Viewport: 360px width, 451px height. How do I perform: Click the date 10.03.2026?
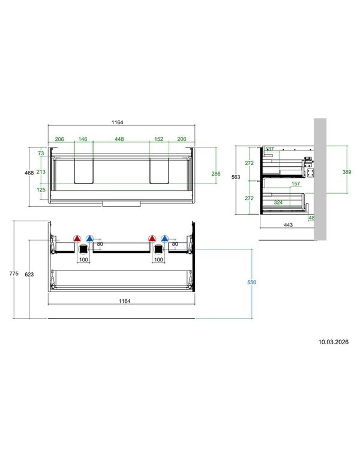pyautogui.click(x=333, y=342)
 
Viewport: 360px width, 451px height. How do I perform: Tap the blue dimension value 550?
pyautogui.click(x=251, y=282)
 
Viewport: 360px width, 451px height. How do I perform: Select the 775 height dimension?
pyautogui.click(x=14, y=273)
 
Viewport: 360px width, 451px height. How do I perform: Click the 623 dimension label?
pyautogui.click(x=29, y=275)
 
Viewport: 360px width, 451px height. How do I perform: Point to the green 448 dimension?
pyautogui.click(x=119, y=139)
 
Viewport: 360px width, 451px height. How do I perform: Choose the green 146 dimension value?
pyautogui.click(x=83, y=139)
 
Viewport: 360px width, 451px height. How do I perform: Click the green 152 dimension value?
pyautogui.click(x=158, y=139)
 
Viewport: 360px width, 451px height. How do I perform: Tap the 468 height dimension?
pyautogui.click(x=29, y=173)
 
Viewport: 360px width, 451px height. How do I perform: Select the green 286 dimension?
pyautogui.click(x=215, y=174)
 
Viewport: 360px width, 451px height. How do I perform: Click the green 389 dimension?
pyautogui.click(x=347, y=172)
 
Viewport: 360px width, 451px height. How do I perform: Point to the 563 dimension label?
pyautogui.click(x=236, y=177)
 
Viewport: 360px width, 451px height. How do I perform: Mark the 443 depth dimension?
pyautogui.click(x=288, y=225)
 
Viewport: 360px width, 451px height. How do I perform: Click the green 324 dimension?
pyautogui.click(x=278, y=203)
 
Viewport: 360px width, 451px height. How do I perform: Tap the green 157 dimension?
pyautogui.click(x=296, y=184)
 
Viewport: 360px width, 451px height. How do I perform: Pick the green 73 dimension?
pyautogui.click(x=41, y=154)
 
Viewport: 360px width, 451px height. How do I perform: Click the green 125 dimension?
pyautogui.click(x=41, y=190)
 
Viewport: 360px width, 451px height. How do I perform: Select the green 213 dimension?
pyautogui.click(x=41, y=172)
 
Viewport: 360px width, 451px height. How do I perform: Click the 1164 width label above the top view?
pyautogui.click(x=118, y=122)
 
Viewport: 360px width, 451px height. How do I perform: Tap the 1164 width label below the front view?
pyautogui.click(x=125, y=301)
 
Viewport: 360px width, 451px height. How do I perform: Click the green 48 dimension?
pyautogui.click(x=311, y=218)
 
